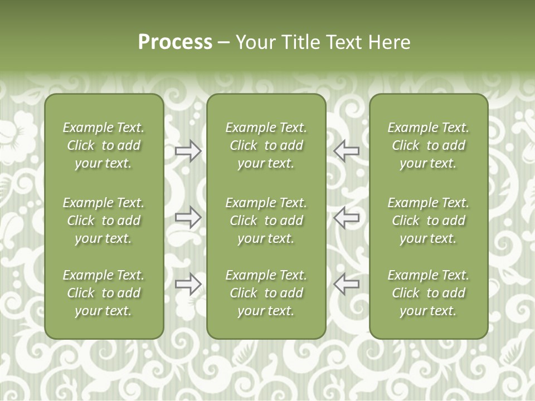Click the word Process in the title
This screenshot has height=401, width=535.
click(x=175, y=42)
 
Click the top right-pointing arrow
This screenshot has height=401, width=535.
click(x=188, y=151)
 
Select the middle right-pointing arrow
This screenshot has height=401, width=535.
click(x=188, y=217)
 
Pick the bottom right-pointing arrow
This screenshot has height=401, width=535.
click(x=188, y=283)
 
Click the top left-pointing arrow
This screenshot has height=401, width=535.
click(x=347, y=151)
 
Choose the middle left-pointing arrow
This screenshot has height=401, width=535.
click(x=347, y=217)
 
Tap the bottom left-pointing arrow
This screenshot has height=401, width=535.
click(x=347, y=283)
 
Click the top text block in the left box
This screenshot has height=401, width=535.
click(x=104, y=145)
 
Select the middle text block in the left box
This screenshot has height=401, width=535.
click(x=104, y=221)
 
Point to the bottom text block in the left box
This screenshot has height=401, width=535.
click(x=104, y=293)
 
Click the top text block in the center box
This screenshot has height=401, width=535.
click(x=266, y=145)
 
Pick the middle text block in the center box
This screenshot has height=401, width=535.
click(x=266, y=221)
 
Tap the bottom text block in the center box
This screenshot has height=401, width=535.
click(x=266, y=293)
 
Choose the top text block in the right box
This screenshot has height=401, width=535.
click(x=428, y=145)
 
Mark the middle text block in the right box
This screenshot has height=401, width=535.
click(x=428, y=221)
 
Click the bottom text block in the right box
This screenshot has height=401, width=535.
click(x=428, y=293)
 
